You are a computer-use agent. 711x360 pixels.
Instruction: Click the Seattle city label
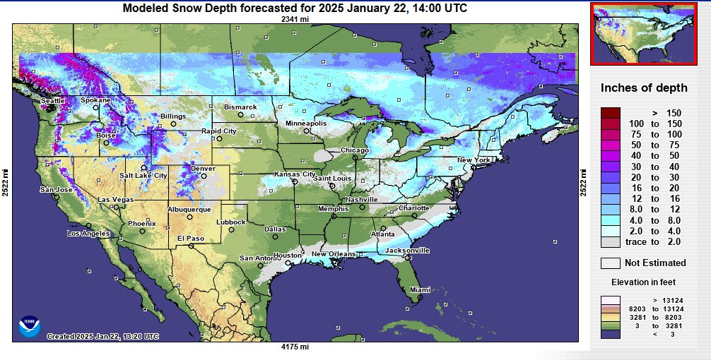click(x=52, y=101)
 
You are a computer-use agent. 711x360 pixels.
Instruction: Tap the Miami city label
click(x=421, y=289)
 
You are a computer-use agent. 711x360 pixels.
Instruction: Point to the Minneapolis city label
click(x=306, y=124)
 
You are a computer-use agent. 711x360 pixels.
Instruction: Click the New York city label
click(x=474, y=160)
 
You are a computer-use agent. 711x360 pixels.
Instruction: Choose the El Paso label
click(x=190, y=239)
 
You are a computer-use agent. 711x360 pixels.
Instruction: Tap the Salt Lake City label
click(x=143, y=176)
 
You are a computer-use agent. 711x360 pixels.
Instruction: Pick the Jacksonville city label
click(x=407, y=251)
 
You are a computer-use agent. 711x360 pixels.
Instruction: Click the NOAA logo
click(x=30, y=325)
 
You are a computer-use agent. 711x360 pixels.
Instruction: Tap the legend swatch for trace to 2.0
click(x=610, y=242)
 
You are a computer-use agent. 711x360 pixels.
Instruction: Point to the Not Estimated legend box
click(x=610, y=263)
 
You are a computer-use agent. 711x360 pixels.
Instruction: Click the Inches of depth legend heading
click(x=643, y=88)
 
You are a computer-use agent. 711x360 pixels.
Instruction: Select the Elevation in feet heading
click(x=643, y=282)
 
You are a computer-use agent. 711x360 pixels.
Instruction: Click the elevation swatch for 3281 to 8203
click(x=610, y=318)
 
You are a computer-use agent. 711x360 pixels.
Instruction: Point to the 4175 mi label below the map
click(x=295, y=347)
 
